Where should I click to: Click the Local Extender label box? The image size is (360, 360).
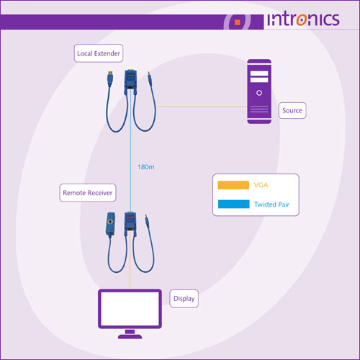[x=99, y=53]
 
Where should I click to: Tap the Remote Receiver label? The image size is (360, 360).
[x=88, y=193]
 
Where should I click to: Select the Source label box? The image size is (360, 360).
[x=292, y=110]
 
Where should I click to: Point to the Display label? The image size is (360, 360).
[x=184, y=299]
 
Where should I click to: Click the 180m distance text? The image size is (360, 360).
[x=146, y=167]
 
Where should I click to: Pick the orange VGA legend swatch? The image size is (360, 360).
[x=233, y=185]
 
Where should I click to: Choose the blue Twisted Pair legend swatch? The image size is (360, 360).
[x=233, y=204]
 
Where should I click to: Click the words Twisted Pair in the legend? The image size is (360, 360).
[x=271, y=204]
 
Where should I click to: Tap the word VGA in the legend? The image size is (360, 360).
[x=261, y=185]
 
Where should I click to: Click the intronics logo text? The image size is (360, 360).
[x=303, y=19]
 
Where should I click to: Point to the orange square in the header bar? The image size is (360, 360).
[x=238, y=22]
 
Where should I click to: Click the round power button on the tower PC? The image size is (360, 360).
[x=259, y=93]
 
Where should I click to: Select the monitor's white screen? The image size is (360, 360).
[x=130, y=309]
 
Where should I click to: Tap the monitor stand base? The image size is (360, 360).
[x=130, y=336]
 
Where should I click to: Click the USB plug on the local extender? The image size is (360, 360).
[x=110, y=78]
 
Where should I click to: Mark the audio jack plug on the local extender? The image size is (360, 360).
[x=150, y=78]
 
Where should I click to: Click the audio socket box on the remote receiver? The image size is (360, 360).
[x=110, y=224]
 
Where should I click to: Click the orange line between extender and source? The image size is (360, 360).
[x=202, y=107]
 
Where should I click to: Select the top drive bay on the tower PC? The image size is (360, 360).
[x=259, y=73]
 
